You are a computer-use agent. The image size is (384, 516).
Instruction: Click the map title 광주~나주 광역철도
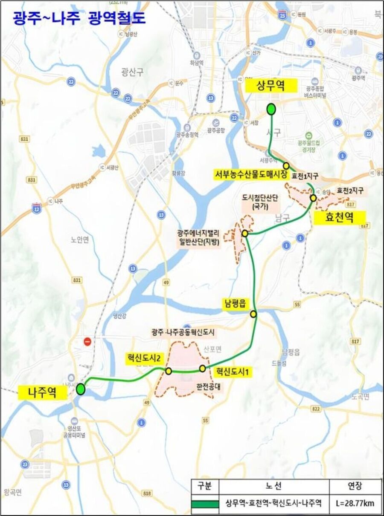click(79, 17)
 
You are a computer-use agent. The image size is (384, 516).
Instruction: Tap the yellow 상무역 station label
click(271, 86)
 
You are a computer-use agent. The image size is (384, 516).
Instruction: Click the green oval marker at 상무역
click(271, 110)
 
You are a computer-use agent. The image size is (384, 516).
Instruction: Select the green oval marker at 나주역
click(81, 389)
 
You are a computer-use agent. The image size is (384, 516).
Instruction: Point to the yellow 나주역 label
click(42, 392)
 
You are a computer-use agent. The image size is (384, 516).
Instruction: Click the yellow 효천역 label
click(340, 218)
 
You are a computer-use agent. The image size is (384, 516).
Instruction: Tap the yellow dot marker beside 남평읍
click(253, 314)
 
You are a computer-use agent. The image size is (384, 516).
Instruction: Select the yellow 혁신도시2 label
click(143, 359)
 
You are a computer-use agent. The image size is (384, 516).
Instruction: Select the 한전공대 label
click(204, 388)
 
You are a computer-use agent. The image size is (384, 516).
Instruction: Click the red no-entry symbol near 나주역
click(88, 341)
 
